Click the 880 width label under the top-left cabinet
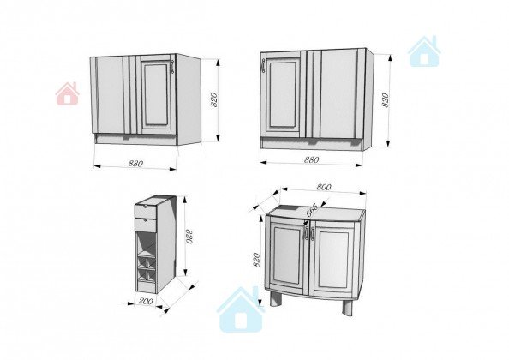[x=135, y=163]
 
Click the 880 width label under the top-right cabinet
[x=311, y=159]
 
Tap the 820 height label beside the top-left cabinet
[x=213, y=99]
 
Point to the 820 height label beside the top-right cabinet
[x=385, y=100]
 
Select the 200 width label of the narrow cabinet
[x=146, y=301]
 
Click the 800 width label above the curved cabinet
[x=324, y=187]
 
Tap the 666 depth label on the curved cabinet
[x=312, y=210]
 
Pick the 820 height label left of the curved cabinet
[x=256, y=260]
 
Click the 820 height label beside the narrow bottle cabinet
[x=189, y=236]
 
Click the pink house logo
[x=68, y=93]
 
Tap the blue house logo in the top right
[x=424, y=51]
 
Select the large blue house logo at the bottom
[x=241, y=309]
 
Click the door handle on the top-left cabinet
[x=172, y=67]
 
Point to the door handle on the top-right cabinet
[x=263, y=66]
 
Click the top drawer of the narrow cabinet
[x=146, y=212]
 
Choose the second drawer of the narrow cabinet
[x=146, y=225]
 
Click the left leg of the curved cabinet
[x=276, y=298]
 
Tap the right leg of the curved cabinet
[x=347, y=306]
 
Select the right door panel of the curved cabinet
[x=333, y=259]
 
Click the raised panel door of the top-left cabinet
[x=157, y=94]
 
